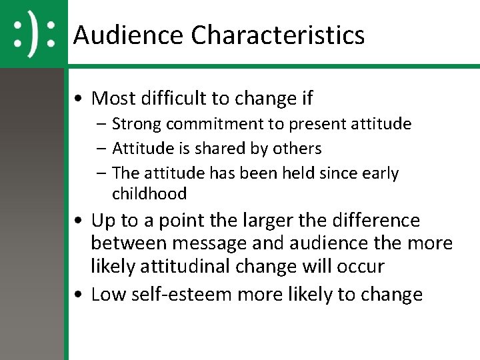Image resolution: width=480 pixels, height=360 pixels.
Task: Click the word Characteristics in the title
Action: tap(278, 35)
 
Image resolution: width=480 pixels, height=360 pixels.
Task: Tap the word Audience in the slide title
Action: tap(129, 35)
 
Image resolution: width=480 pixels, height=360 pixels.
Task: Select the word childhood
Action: tap(149, 194)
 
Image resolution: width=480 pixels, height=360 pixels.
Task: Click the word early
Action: tap(381, 173)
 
